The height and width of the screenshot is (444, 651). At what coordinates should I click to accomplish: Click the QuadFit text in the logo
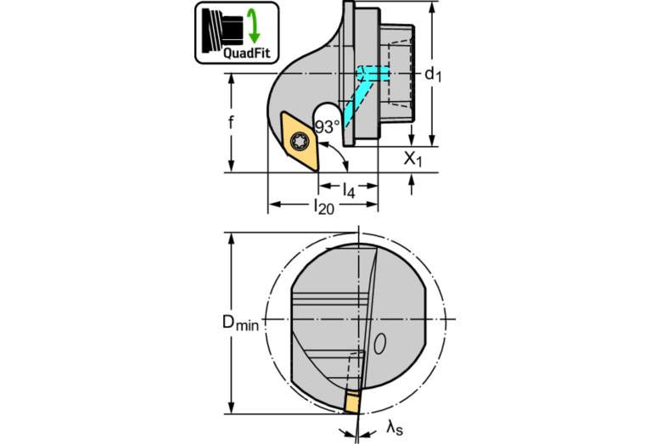coord(247,53)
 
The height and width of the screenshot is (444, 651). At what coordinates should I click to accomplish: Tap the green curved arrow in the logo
coord(253,25)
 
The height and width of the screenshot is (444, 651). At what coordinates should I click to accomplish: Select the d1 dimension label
coord(433,75)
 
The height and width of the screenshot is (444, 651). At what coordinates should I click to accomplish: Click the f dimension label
coord(231,122)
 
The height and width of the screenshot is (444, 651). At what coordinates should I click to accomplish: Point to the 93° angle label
coord(327,126)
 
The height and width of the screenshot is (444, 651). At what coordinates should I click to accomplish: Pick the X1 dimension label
coord(413,159)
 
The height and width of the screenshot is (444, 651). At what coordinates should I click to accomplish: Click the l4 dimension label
coord(349,190)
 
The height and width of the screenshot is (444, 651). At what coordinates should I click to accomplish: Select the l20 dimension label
coord(323,206)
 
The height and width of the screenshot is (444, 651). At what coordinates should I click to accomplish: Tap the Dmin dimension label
coord(240,323)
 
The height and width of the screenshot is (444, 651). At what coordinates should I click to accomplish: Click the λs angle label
coord(395,427)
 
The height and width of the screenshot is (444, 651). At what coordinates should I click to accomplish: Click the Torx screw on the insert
coord(300,142)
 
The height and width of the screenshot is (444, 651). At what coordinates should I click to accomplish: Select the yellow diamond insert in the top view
coord(300,141)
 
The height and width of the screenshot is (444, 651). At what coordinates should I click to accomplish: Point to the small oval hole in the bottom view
coord(380,344)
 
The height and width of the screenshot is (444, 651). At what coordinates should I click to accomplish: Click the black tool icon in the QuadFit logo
coord(222,30)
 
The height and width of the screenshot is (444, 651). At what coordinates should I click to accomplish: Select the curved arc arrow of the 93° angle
coord(340,153)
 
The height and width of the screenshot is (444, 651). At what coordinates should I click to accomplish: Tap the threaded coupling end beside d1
coord(397,73)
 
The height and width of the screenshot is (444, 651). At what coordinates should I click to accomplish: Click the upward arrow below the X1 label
coord(412,184)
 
